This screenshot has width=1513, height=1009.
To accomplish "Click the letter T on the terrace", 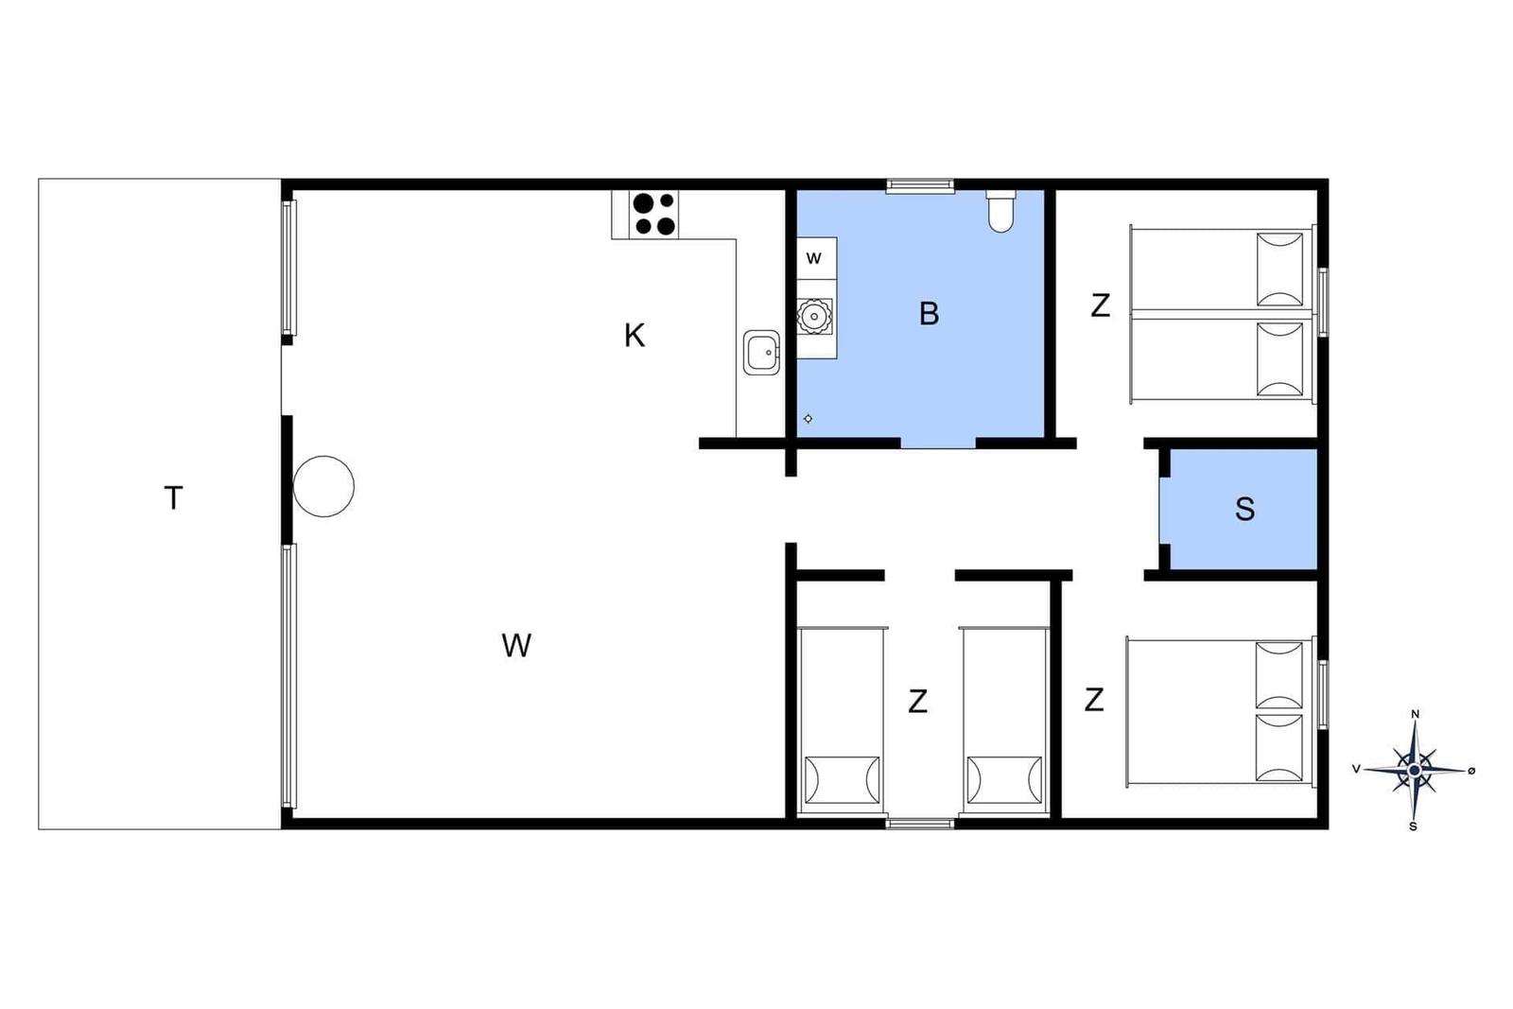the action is (174, 498).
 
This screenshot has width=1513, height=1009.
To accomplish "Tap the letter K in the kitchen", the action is (635, 335).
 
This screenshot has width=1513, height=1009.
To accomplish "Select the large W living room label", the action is (516, 646).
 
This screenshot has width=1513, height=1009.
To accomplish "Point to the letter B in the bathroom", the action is (930, 313).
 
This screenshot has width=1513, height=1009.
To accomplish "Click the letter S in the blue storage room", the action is (1244, 509).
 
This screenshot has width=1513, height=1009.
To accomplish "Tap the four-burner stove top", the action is (653, 214).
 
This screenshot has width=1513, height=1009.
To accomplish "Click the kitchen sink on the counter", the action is (762, 353).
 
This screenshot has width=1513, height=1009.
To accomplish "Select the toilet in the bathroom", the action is (1000, 211).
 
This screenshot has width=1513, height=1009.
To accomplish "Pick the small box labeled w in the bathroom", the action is (817, 257).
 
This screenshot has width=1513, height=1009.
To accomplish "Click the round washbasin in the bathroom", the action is (814, 316).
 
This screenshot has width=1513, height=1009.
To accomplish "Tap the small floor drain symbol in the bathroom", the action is (808, 419).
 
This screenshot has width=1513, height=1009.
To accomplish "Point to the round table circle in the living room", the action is (323, 486).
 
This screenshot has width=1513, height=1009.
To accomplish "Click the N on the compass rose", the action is (1415, 715).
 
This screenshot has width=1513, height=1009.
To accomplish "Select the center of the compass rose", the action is (1415, 769).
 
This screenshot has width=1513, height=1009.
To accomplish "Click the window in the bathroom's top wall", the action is (920, 185).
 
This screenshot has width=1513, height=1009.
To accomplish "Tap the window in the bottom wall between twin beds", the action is (920, 824).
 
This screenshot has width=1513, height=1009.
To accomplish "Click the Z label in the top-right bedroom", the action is (1101, 305).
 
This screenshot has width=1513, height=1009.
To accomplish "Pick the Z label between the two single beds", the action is (918, 702).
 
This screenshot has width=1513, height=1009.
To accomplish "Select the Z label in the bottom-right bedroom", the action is (1094, 700).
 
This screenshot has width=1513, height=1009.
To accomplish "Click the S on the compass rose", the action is (1413, 826).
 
